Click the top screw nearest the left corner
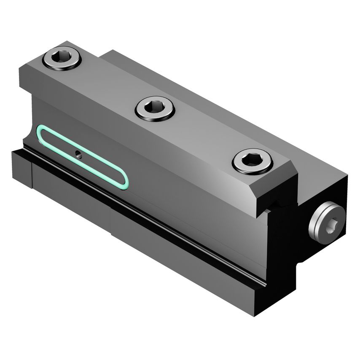tap(62, 59)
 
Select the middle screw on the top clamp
tap(155, 108)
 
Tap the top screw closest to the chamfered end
tap(253, 161)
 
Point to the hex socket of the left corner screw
tap(62, 58)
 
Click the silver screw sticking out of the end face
tap(327, 222)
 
